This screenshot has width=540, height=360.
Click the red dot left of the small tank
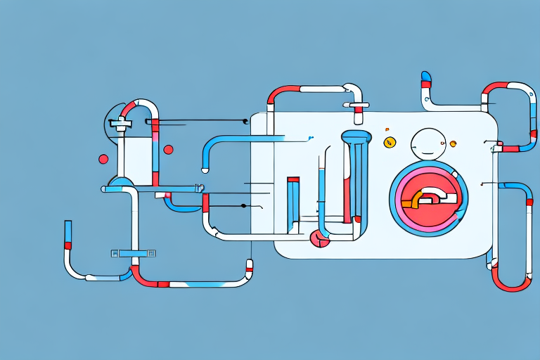(103, 159)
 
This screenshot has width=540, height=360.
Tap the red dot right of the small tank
(168, 149)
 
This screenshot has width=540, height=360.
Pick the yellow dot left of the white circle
(389, 143)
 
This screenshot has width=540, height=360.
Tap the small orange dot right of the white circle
(453, 144)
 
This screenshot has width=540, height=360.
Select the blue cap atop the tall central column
(356, 136)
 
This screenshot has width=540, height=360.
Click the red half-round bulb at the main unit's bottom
(320, 240)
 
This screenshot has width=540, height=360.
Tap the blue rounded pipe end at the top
(425, 75)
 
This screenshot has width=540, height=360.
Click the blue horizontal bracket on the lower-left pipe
(133, 252)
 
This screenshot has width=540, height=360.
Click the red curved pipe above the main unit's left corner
(281, 94)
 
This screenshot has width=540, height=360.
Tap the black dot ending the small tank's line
(245, 121)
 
